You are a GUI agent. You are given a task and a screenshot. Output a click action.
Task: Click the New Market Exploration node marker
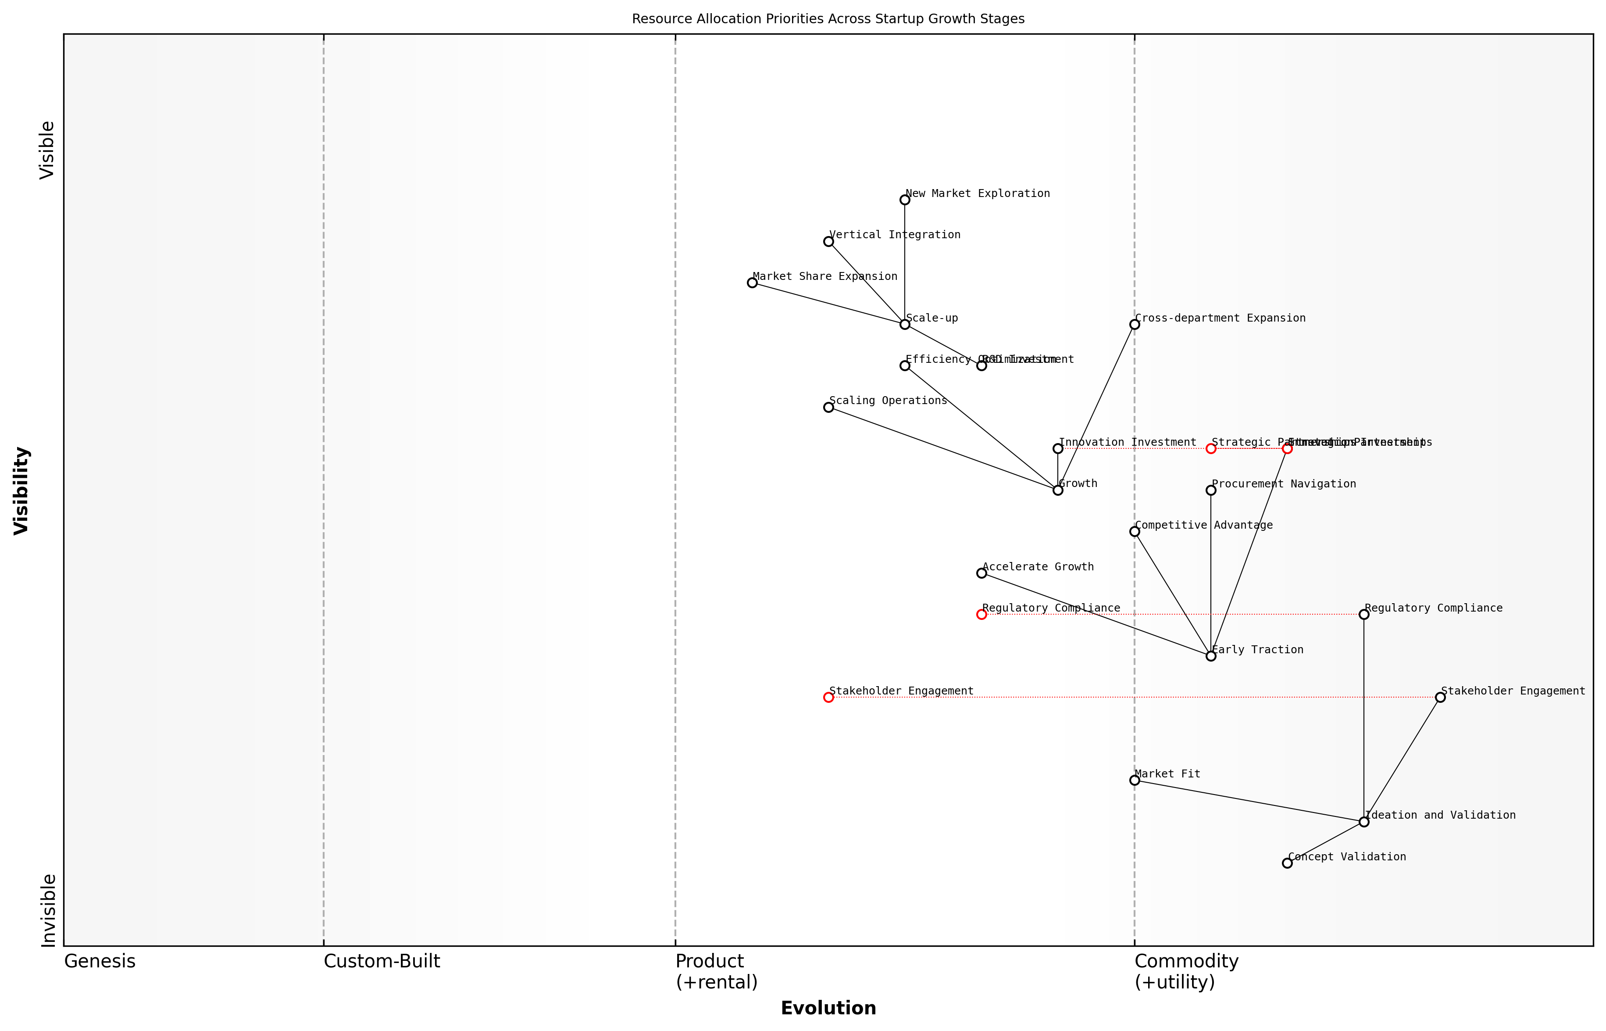(905, 200)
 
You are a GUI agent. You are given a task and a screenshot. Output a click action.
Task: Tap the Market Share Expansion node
(752, 283)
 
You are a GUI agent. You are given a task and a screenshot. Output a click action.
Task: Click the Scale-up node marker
(905, 324)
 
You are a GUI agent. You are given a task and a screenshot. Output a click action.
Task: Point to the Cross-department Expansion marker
(1134, 324)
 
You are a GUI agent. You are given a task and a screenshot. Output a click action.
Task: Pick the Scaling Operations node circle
(828, 407)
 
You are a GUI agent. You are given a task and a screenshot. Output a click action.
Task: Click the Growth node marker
(1058, 490)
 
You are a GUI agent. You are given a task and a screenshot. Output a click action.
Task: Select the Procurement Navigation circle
(1210, 490)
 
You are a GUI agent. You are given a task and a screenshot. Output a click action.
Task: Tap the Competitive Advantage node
(1134, 532)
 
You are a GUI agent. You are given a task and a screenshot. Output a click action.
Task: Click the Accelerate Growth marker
(981, 573)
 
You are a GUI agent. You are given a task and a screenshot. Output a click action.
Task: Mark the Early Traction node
(1210, 656)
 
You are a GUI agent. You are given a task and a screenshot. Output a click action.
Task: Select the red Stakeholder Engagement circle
(828, 698)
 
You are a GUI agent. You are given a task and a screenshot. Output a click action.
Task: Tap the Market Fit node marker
(1134, 780)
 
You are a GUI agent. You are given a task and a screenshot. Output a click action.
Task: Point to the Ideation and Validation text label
(1440, 815)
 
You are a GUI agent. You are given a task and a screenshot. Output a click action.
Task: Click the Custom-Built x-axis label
(382, 961)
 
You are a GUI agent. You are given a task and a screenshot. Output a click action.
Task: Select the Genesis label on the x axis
(100, 961)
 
